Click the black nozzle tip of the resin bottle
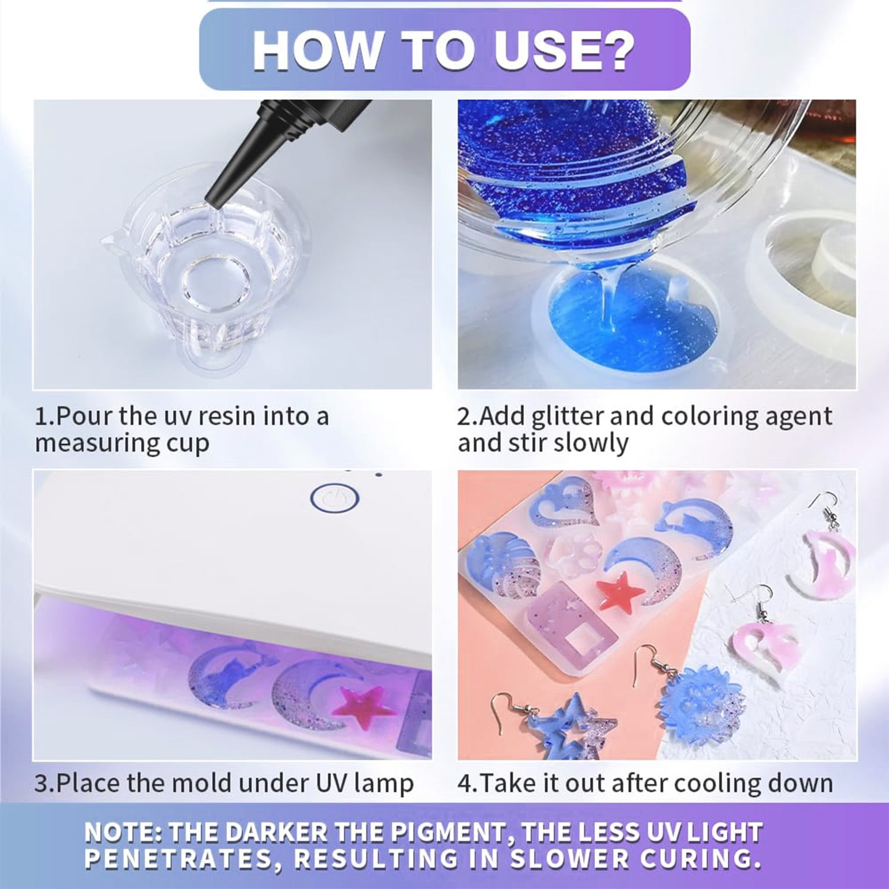tap(212, 199)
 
